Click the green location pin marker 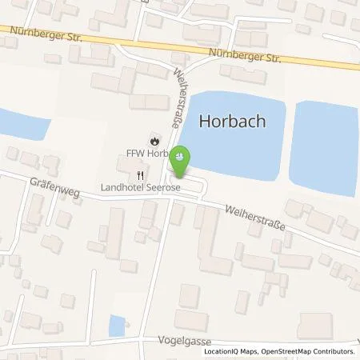181,160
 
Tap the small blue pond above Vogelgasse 116,326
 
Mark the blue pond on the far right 324,146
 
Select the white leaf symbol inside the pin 181,155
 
